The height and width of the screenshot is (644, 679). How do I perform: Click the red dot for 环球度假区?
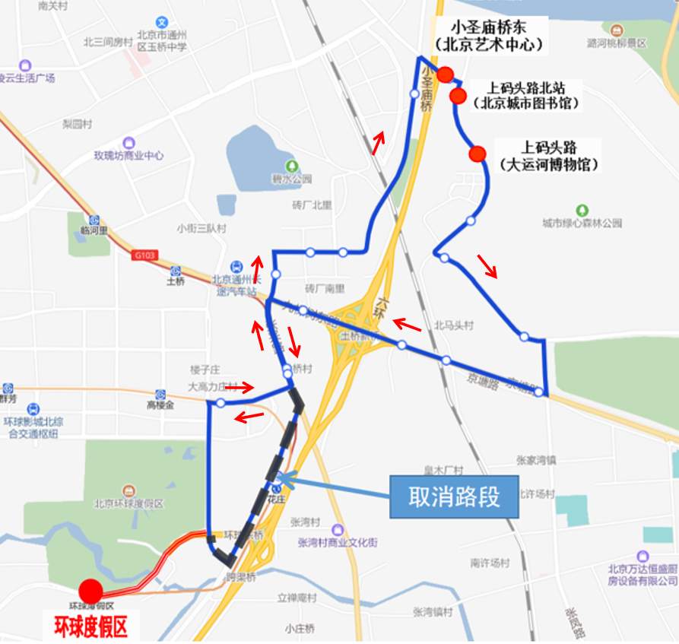[x=90, y=591]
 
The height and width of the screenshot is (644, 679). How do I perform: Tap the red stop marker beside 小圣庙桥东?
[x=446, y=75]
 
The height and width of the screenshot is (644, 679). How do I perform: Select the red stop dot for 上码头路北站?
[x=458, y=95]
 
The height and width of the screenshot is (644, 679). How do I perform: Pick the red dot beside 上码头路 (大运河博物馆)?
[x=478, y=154]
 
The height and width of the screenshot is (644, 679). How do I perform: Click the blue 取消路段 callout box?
[x=454, y=497]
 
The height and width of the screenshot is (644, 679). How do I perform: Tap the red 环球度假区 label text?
[x=90, y=627]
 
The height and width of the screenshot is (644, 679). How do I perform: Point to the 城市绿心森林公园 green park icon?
[x=582, y=210]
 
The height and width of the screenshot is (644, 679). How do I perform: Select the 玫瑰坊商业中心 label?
[x=129, y=156]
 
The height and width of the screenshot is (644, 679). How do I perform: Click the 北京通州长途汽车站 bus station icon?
[x=237, y=266]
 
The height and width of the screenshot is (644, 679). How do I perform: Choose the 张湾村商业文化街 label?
[x=338, y=542]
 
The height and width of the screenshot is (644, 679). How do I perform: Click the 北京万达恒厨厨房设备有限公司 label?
[x=643, y=575]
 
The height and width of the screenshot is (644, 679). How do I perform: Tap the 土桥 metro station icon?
[x=176, y=271]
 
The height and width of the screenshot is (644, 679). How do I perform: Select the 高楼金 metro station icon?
[x=160, y=395]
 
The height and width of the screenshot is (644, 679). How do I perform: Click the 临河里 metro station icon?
[x=94, y=218]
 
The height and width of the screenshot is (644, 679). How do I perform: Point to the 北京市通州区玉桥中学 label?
[x=162, y=40]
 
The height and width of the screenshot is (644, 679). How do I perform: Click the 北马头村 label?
[x=454, y=325]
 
